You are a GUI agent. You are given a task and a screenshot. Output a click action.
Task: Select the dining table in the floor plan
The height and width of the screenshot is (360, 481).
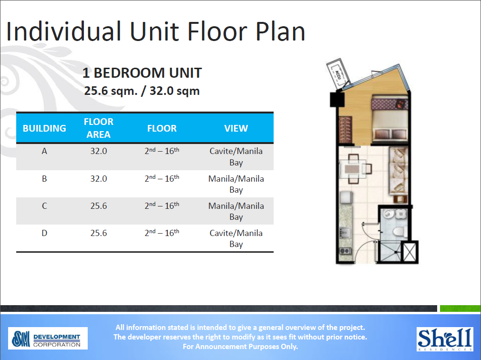tap(353, 169)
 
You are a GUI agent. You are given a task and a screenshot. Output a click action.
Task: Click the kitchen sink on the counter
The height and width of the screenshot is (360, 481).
tap(345, 232)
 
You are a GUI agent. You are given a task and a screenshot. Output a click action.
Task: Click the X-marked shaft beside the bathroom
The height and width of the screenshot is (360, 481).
tap(409, 251)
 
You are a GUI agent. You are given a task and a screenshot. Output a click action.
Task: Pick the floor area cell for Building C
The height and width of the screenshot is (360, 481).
tap(99, 206)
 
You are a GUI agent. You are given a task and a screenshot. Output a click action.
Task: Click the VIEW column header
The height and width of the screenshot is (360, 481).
tap(236, 128)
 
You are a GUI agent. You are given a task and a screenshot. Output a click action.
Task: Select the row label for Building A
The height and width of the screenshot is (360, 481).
tap(44, 151)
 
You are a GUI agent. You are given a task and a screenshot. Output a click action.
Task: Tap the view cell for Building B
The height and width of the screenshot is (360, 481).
tap(236, 184)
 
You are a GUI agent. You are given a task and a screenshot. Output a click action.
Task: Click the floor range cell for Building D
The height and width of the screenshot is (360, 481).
tap(162, 233)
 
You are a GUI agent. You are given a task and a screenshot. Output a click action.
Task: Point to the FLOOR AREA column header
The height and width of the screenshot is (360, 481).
tap(99, 128)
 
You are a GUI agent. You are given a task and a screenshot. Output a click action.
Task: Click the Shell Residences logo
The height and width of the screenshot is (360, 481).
tap(445, 338)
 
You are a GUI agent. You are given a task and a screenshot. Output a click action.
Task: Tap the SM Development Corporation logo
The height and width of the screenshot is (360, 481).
tap(48, 339)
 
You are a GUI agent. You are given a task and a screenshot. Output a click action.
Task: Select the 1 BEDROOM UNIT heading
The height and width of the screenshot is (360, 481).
tap(142, 73)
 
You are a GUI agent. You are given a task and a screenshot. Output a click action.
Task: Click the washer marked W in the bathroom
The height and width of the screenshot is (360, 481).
tap(401, 214)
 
